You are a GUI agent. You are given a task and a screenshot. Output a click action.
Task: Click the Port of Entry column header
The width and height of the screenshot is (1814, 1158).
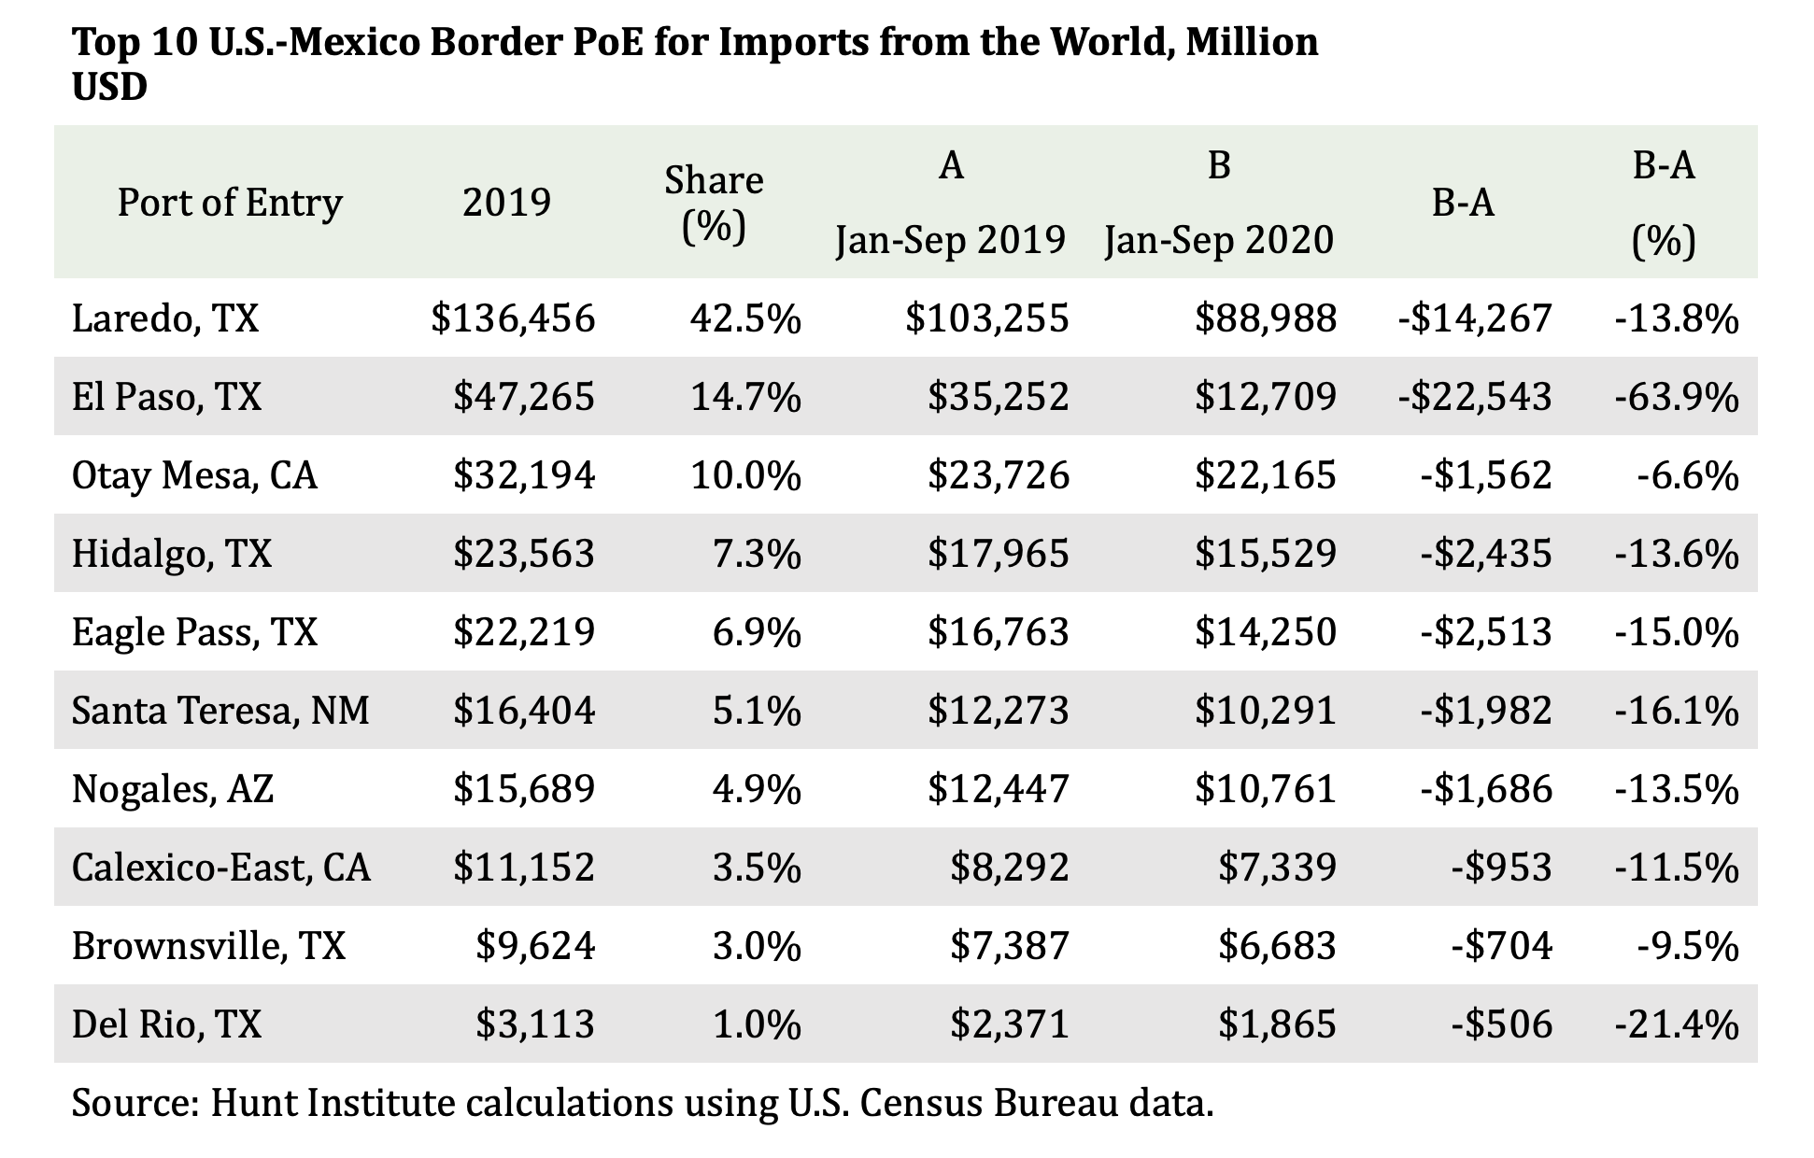click(230, 203)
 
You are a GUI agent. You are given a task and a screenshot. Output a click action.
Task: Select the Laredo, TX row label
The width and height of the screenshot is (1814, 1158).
click(165, 319)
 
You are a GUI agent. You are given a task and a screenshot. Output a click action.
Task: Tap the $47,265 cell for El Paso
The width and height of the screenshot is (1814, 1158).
click(524, 397)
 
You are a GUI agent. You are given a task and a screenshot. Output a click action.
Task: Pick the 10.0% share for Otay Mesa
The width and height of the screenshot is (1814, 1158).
click(745, 475)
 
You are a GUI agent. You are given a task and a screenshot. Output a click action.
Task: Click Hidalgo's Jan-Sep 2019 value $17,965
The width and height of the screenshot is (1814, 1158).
click(998, 554)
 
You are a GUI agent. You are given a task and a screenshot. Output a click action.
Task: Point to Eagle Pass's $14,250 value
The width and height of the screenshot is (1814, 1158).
click(1266, 632)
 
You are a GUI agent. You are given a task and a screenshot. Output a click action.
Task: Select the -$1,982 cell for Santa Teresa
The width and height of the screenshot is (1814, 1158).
click(1486, 711)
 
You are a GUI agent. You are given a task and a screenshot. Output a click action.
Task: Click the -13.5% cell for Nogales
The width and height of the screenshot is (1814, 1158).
click(1677, 789)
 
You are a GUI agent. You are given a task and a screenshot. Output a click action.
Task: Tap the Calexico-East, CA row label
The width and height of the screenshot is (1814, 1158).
click(221, 868)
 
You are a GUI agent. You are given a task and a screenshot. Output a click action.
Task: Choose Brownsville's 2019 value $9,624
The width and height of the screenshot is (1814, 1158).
click(535, 946)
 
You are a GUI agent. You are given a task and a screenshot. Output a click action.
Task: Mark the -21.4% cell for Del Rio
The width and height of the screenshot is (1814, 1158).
click(1677, 1024)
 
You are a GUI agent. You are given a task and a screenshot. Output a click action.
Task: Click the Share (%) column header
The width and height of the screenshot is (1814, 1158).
click(714, 203)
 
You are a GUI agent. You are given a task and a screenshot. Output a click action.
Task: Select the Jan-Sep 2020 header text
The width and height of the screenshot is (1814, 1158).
click(1219, 241)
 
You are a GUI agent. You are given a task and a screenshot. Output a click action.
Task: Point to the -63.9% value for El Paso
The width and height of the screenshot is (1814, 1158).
click(1677, 397)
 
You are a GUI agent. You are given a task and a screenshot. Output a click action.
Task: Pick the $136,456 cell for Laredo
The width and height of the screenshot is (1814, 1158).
click(513, 318)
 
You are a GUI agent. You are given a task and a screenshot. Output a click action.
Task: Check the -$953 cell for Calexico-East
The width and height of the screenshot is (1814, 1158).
click(1501, 868)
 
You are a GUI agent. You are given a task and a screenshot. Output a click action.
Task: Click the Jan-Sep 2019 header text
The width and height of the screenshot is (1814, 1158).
click(951, 241)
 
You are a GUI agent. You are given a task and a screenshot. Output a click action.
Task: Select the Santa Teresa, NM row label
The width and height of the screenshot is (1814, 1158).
click(220, 711)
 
